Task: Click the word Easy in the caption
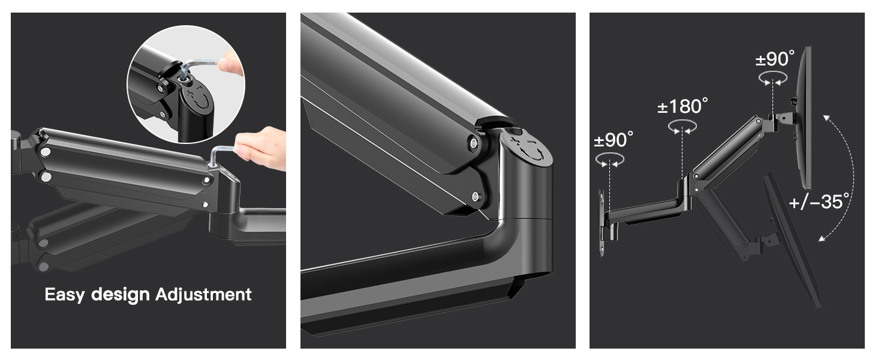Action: coord(64,295)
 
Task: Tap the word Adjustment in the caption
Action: coord(203,295)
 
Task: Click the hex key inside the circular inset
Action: coord(199,66)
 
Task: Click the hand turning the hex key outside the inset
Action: coord(261,148)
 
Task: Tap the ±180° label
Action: coord(682,106)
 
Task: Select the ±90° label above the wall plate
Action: coord(614,140)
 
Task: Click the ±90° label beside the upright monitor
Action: coord(775,59)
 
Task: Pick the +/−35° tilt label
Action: coord(819,202)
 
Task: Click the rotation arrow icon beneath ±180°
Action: coord(682,127)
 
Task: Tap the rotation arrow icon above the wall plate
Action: coord(610,160)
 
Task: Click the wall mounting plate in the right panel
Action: coord(602,223)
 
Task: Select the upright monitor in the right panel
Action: coord(805,118)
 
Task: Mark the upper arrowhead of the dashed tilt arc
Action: coord(826,118)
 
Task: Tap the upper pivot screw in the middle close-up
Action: coord(474,143)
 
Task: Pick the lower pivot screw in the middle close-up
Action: coord(476,196)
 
